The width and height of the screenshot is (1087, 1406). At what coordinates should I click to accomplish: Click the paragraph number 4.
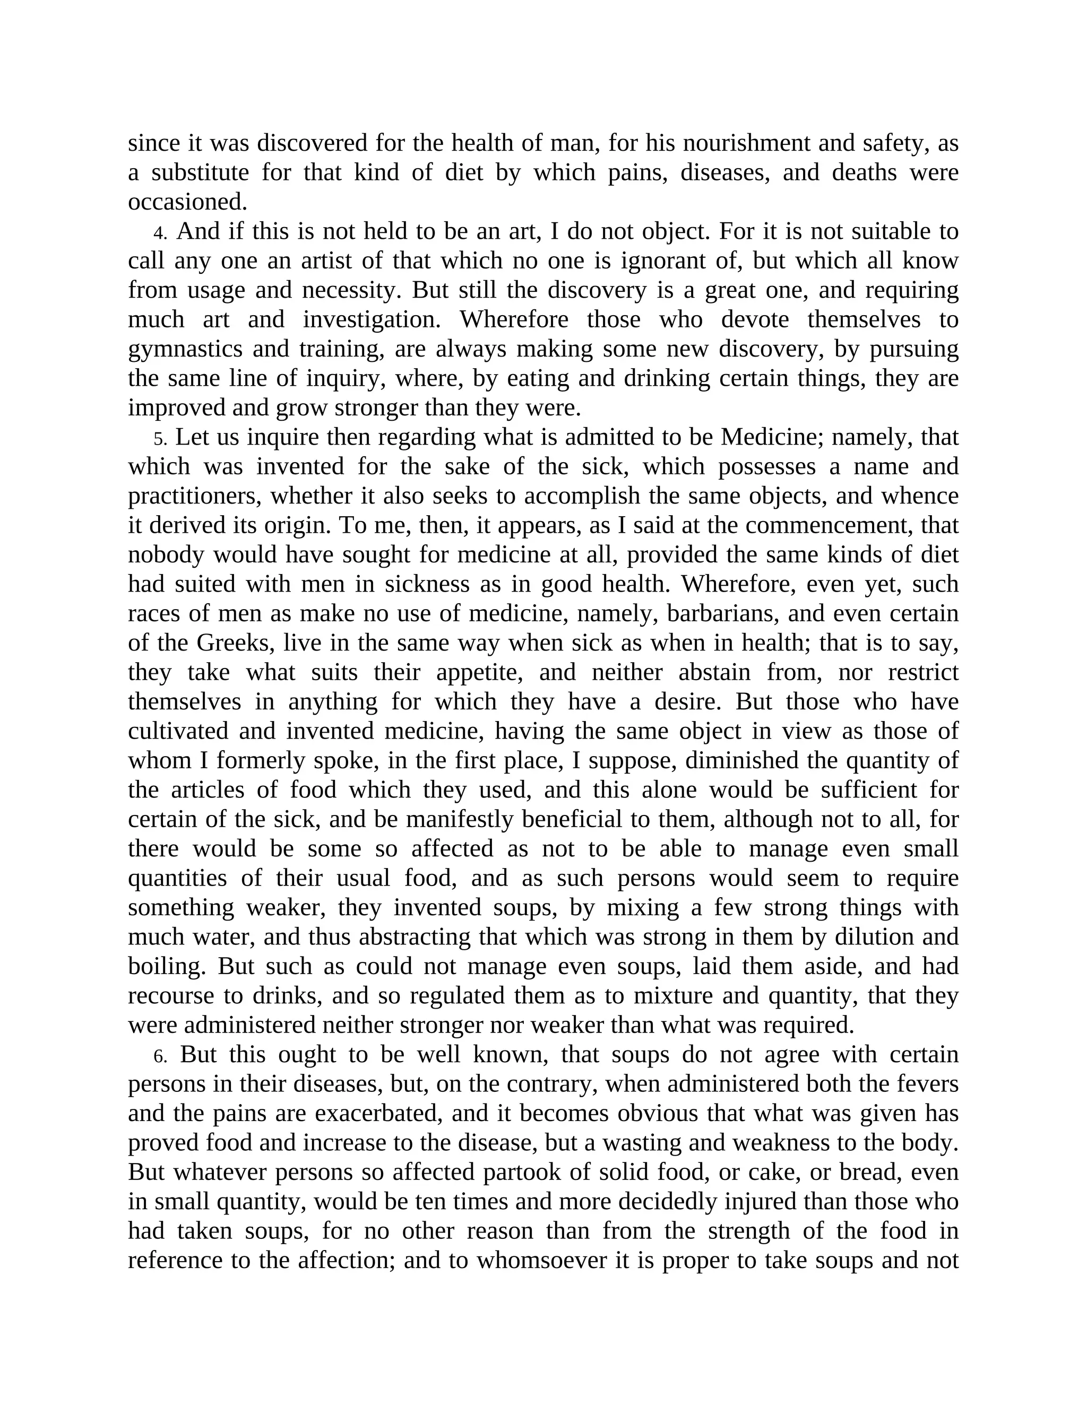[160, 232]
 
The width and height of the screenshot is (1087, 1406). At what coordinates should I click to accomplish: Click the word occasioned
[187, 202]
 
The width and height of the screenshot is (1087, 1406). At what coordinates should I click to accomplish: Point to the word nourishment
[746, 143]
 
